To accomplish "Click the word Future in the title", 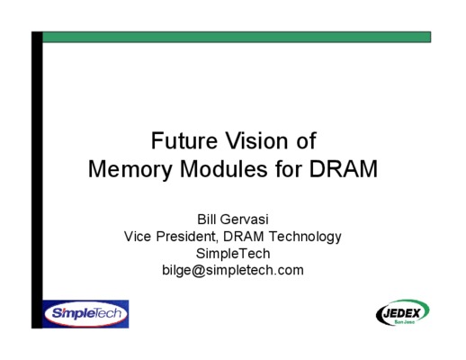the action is [x=184, y=140].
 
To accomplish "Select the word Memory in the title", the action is [x=130, y=170].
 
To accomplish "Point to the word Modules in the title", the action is [x=224, y=169].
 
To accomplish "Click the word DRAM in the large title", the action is [x=344, y=169].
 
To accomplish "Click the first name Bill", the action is [x=207, y=220].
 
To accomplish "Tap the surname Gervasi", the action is [x=245, y=220].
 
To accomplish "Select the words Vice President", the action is [x=170, y=237].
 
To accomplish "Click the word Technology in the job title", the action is [x=305, y=237].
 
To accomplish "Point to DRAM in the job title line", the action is [x=244, y=237].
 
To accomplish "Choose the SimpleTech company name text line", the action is [x=233, y=254].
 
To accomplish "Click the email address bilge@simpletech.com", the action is [x=233, y=270].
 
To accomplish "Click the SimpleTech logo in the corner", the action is [x=85, y=314].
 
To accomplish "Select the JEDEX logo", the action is [x=403, y=313].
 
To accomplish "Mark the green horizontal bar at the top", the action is [x=237, y=37].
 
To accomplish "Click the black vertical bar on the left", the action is [x=37, y=180].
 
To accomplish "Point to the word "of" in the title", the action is [x=306, y=140].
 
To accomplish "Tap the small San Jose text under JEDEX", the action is [x=405, y=322].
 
